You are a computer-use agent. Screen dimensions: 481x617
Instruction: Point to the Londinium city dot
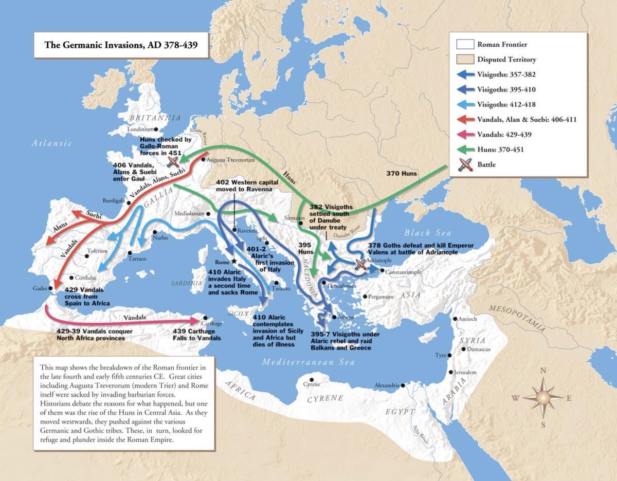[x=156, y=129]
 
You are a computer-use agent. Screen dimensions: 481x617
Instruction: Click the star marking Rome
[x=234, y=261]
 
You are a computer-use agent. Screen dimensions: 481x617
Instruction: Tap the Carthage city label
[x=212, y=324]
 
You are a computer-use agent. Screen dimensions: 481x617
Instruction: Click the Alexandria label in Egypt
[x=386, y=385]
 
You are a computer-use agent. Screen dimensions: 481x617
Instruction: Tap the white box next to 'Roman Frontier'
[x=465, y=45]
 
